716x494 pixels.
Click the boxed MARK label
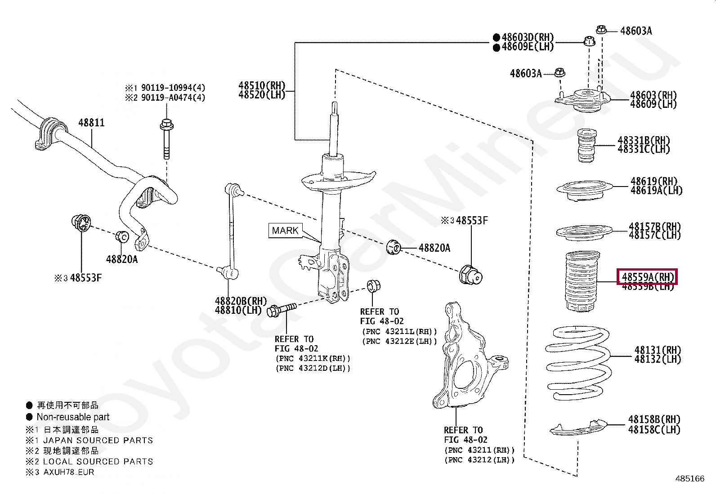(x=285, y=231)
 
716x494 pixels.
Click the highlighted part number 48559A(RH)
(x=648, y=277)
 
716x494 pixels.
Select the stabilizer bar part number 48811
(x=91, y=122)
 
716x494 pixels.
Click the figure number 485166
(x=689, y=479)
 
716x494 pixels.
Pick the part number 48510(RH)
(x=262, y=85)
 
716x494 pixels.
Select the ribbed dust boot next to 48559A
(x=582, y=281)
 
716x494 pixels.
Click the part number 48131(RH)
(x=657, y=350)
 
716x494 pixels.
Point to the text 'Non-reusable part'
(x=73, y=417)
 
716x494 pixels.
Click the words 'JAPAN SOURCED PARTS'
(x=98, y=441)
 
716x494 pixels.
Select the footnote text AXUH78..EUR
(x=69, y=472)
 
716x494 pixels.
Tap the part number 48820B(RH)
(x=241, y=301)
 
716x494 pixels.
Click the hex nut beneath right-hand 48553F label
(x=470, y=274)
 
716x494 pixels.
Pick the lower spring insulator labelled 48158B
(x=578, y=428)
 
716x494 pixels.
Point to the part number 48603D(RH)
(x=528, y=37)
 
